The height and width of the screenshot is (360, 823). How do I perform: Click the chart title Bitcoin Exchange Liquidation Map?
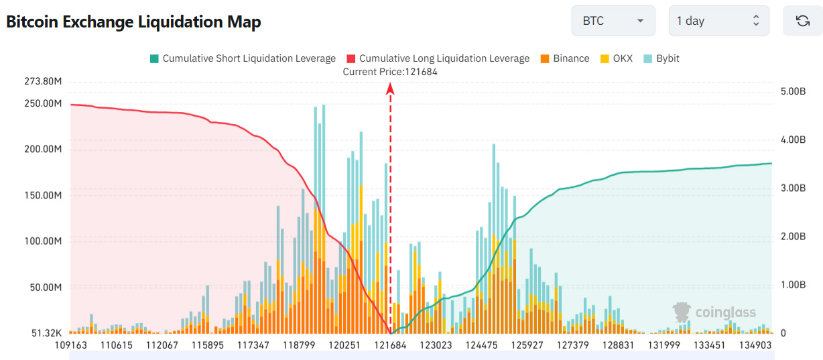click(x=133, y=21)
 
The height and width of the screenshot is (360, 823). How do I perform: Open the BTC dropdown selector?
click(x=613, y=21)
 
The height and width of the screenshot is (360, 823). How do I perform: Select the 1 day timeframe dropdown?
click(x=718, y=21)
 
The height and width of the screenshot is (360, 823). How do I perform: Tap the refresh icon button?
click(x=802, y=21)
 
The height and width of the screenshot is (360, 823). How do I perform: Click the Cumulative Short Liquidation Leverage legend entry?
click(x=243, y=58)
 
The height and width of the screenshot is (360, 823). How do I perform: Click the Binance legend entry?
click(x=564, y=58)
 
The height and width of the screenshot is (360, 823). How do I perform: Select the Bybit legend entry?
click(x=661, y=58)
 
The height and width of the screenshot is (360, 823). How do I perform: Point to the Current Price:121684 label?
click(x=390, y=72)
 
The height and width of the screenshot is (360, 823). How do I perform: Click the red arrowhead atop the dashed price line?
click(x=390, y=88)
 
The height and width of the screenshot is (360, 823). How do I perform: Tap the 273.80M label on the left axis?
click(x=43, y=82)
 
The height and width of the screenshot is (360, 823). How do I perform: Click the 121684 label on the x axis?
click(x=391, y=345)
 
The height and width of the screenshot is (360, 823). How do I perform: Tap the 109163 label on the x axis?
click(x=71, y=345)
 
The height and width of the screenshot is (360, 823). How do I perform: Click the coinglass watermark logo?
click(x=714, y=312)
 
